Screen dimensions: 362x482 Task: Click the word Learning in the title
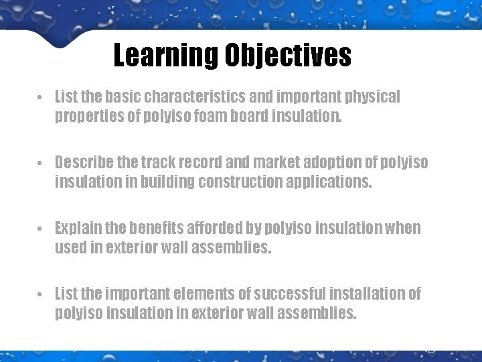[165, 56]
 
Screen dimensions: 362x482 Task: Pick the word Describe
[84, 163]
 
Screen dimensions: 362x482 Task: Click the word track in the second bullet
[158, 163]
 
